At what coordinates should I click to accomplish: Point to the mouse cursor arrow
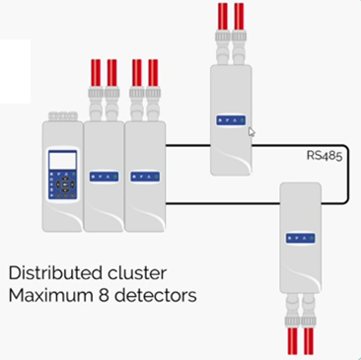click(251, 131)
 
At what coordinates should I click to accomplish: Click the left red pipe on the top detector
click(222, 16)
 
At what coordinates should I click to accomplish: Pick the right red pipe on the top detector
click(239, 16)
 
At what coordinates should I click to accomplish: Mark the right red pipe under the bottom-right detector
click(307, 340)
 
